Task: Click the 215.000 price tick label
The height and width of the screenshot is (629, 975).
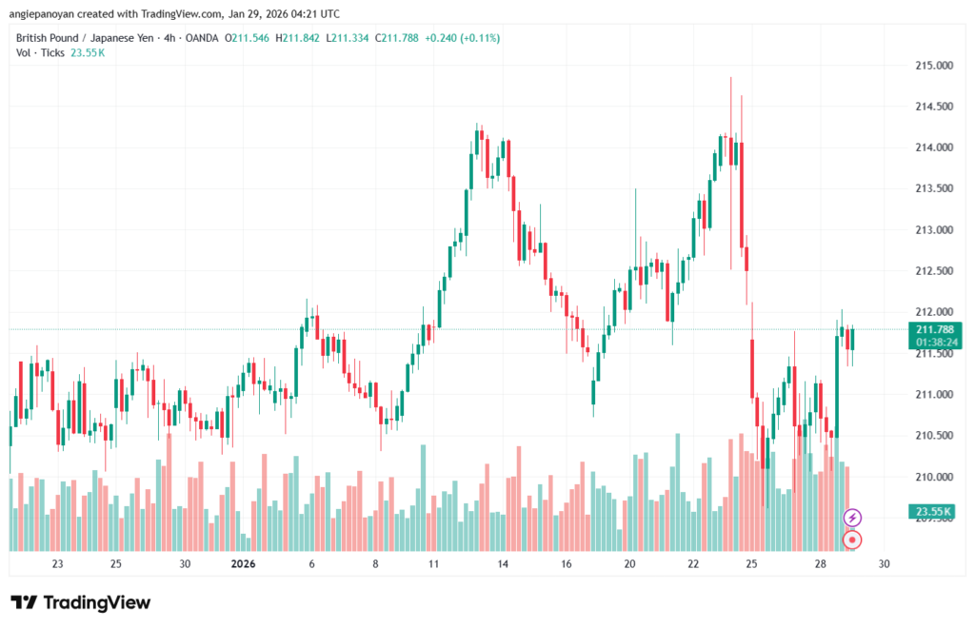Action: [x=934, y=66]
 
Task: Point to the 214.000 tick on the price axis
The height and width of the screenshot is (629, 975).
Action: [x=934, y=147]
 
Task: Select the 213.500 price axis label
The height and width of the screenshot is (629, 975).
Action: [x=934, y=188]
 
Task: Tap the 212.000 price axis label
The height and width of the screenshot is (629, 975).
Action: [x=934, y=312]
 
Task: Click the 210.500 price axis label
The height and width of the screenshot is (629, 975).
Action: [x=934, y=435]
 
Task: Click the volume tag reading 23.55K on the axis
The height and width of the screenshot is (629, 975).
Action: [x=933, y=511]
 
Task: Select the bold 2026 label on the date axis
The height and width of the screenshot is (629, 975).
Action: [x=245, y=563]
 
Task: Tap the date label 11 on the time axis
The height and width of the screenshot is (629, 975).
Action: [x=433, y=563]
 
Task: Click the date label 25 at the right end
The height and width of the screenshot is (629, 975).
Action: [x=751, y=563]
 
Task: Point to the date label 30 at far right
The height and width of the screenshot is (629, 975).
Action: [x=885, y=563]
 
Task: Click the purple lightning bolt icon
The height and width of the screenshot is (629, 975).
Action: [x=853, y=518]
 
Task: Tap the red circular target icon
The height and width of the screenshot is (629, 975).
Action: [x=853, y=540]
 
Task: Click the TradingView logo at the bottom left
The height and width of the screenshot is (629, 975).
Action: [x=80, y=602]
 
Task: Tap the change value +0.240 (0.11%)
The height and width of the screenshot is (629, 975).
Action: [x=462, y=38]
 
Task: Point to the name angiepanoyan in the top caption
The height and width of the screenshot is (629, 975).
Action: [x=41, y=14]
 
